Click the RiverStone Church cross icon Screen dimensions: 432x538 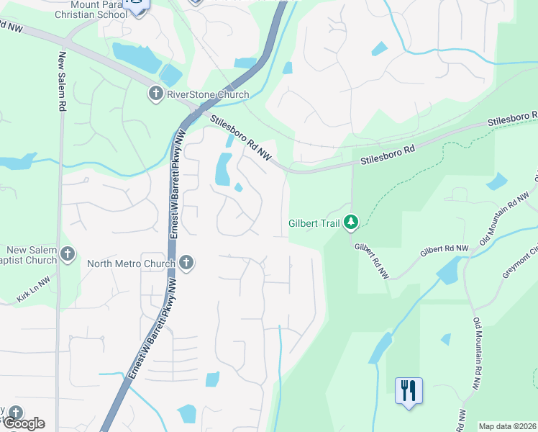coord(155,94)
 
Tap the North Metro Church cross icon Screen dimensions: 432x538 coord(186,263)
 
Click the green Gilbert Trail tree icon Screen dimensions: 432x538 coord(351,222)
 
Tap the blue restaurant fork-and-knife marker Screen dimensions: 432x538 coord(409,391)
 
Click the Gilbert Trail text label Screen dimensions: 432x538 coord(314,223)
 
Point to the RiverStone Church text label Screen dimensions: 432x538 coord(208,94)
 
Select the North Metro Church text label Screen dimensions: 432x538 coord(131,264)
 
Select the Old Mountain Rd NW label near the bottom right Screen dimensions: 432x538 coord(477,354)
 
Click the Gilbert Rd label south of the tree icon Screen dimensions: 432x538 coord(371,261)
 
